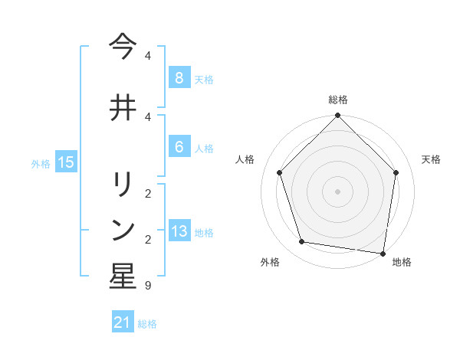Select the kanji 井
pyautogui.click(x=123, y=108)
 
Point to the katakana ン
pyautogui.click(x=123, y=229)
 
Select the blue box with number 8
pyautogui.click(x=179, y=77)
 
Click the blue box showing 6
pyautogui.click(x=179, y=147)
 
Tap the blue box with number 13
pyautogui.click(x=179, y=231)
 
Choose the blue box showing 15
pyautogui.click(x=66, y=162)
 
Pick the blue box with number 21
pyautogui.click(x=123, y=322)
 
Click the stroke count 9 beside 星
pyautogui.click(x=147, y=286)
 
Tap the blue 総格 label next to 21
pyautogui.click(x=147, y=324)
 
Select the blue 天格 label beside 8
pyautogui.click(x=204, y=79)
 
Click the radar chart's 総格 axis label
pyautogui.click(x=338, y=100)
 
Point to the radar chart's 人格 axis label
pyautogui.click(x=245, y=159)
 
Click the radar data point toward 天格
pyautogui.click(x=396, y=172)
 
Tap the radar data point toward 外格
pyautogui.click(x=302, y=242)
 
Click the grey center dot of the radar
pyautogui.click(x=338, y=191)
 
